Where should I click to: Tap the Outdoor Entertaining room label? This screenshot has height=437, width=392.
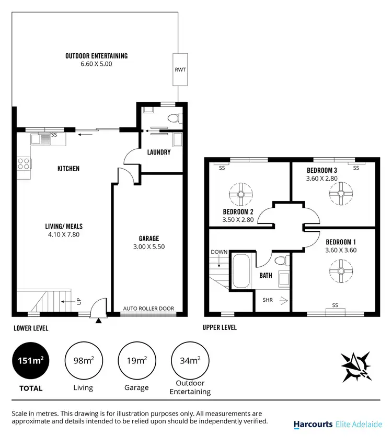[96, 56]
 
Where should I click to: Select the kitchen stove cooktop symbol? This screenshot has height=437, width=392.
[24, 163]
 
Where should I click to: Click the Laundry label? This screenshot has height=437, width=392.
[159, 152]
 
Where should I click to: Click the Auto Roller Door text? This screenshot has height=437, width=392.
[148, 309]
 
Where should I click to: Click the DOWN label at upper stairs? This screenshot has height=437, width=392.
[219, 252]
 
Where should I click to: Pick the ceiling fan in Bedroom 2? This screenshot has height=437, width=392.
[241, 195]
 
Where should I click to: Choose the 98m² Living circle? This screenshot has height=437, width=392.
[83, 361]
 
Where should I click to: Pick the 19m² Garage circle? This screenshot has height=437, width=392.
[136, 361]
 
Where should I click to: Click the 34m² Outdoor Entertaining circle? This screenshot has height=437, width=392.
[190, 361]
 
